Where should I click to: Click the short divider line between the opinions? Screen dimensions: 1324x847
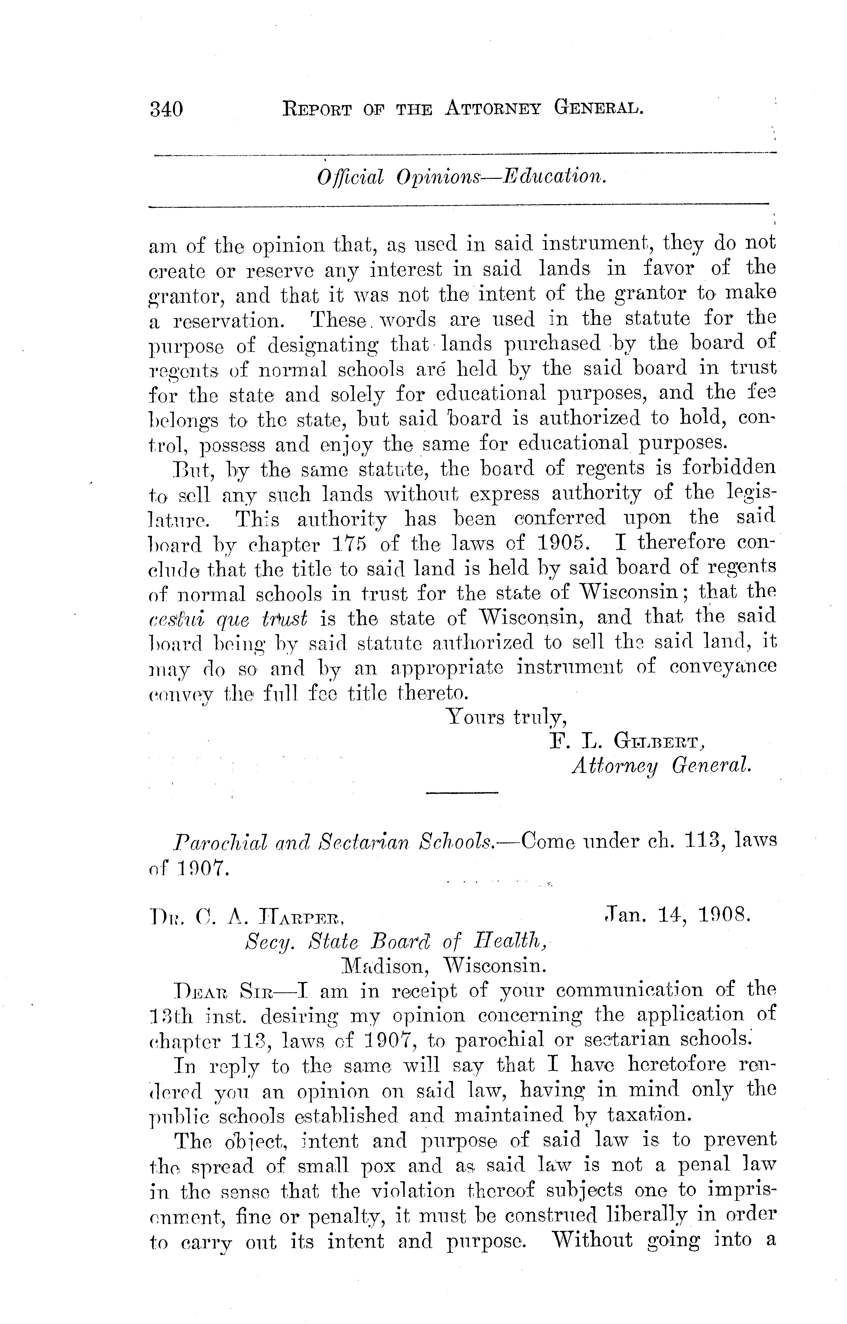(x=462, y=792)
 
